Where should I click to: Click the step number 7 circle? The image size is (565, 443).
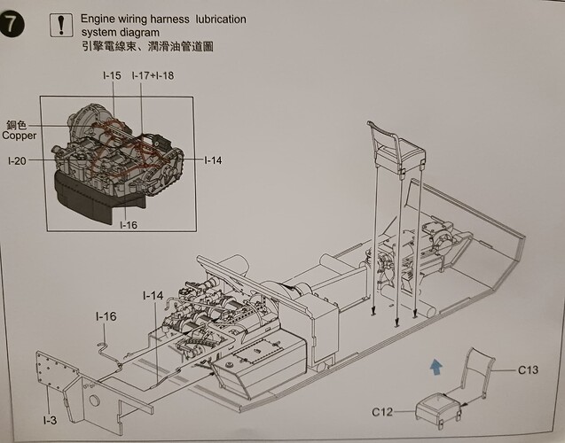point(12,25)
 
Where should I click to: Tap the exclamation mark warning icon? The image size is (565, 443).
point(61,25)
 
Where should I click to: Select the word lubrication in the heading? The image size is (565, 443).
point(221,19)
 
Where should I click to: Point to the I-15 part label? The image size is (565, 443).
point(112,75)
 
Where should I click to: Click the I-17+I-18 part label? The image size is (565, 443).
point(153,75)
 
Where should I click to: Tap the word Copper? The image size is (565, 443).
point(20,136)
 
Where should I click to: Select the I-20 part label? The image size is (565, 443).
point(18,161)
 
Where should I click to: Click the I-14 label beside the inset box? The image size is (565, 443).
point(213,160)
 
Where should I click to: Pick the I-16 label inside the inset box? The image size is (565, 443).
point(129,225)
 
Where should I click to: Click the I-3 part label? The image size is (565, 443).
point(50,420)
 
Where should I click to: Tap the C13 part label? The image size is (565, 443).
point(528,369)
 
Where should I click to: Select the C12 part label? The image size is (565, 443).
point(382,411)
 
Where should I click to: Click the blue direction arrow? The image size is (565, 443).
point(436,367)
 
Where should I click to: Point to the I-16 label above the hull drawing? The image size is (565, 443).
point(106,316)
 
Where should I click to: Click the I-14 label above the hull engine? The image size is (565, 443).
point(153,296)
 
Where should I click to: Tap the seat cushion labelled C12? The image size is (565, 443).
point(438,409)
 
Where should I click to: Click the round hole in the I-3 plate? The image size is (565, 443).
point(94,400)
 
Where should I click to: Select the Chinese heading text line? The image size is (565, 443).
point(148,46)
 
